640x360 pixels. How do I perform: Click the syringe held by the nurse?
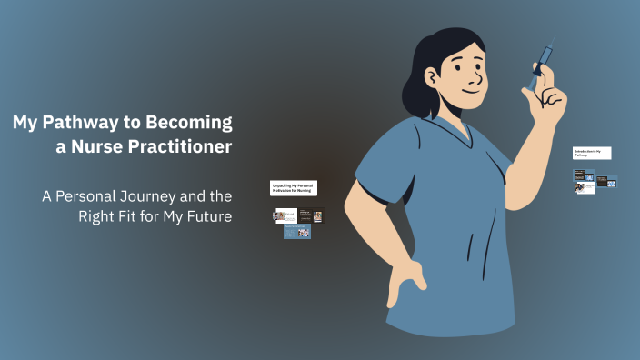pos(543,59)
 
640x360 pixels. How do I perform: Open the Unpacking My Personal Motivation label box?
pos(294,187)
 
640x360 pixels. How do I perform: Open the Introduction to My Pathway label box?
pos(591,153)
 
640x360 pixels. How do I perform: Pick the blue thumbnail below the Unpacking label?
pos(297,233)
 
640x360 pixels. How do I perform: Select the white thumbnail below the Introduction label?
pos(585,187)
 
